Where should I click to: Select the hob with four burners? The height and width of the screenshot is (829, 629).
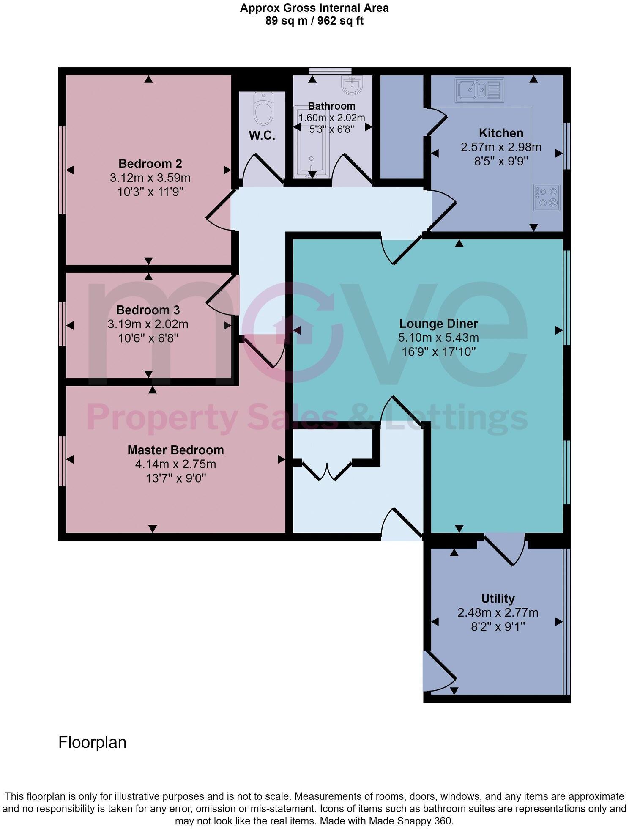coord(547,197)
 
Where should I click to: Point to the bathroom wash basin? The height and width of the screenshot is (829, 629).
coord(352,86)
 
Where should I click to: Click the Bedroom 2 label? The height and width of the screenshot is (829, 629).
coord(150,163)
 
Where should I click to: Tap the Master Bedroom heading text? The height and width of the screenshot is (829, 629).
coord(175,450)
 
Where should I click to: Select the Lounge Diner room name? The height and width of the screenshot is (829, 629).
coord(438,324)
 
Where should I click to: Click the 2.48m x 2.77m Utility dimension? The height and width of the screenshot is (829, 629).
coord(498,612)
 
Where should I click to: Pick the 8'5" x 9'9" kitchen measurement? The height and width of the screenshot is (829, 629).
coord(501,161)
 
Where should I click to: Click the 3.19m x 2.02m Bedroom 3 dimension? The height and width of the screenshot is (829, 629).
coord(148,324)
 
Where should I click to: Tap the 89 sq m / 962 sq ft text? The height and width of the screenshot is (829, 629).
coord(314,21)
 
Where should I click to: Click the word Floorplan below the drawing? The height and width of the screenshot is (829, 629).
coord(92,742)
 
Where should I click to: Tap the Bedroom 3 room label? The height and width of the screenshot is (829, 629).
coord(148,310)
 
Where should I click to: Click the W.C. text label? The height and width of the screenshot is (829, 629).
coord(262,136)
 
